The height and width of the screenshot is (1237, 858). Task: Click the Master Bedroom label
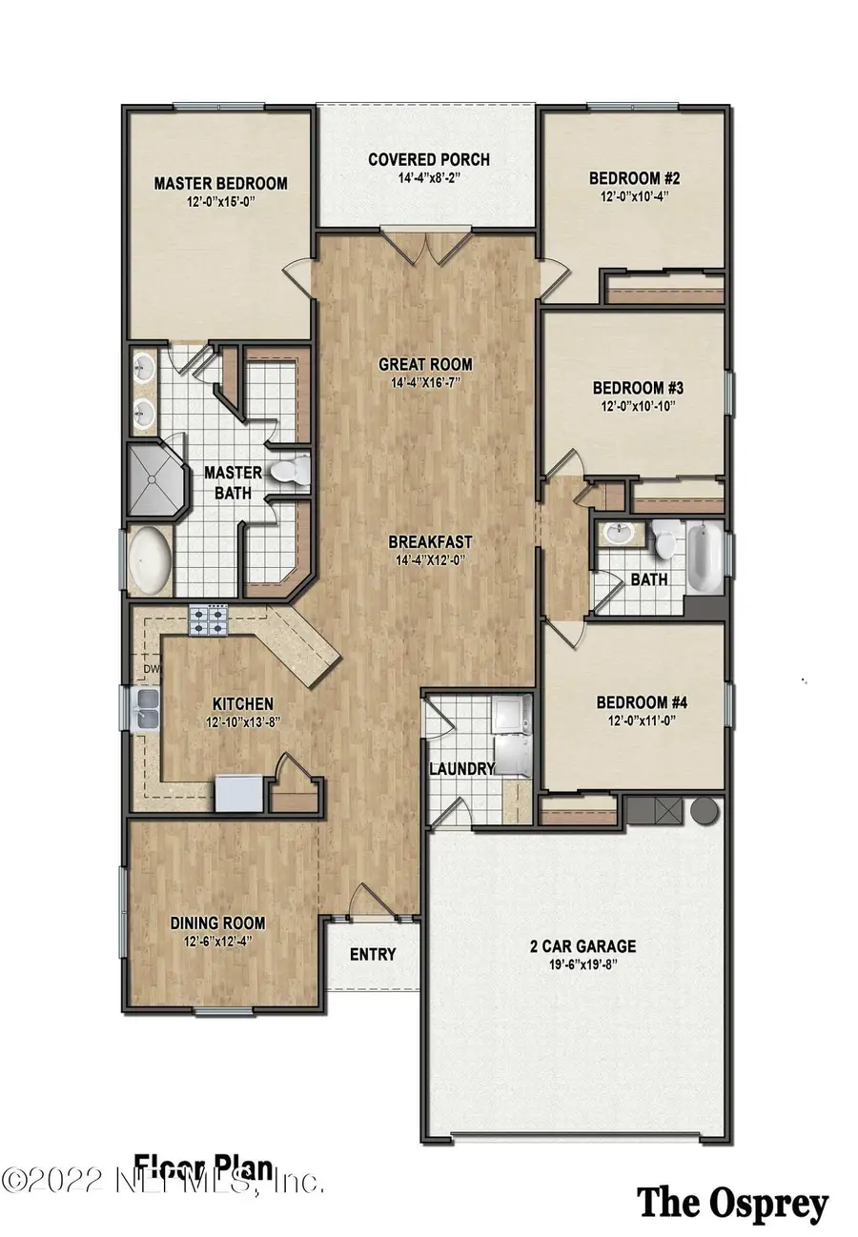coord(220,183)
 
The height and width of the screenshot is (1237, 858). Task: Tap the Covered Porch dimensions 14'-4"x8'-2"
coord(429,178)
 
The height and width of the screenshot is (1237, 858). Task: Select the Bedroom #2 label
coord(633,178)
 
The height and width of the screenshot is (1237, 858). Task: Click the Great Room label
coord(425,364)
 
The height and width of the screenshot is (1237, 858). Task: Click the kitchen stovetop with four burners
coord(210,621)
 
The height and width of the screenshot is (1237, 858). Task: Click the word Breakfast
coord(430,541)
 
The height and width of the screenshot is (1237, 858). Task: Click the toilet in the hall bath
coord(665,541)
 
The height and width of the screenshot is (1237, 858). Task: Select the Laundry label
coord(461,769)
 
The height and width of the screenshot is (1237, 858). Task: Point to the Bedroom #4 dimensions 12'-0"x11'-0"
coord(642,721)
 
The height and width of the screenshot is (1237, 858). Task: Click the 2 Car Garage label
coord(582,946)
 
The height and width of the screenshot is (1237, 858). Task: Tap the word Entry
coord(373,954)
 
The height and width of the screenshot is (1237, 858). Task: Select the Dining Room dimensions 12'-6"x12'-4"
coord(217,942)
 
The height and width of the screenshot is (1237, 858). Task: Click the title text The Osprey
coord(732,1204)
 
